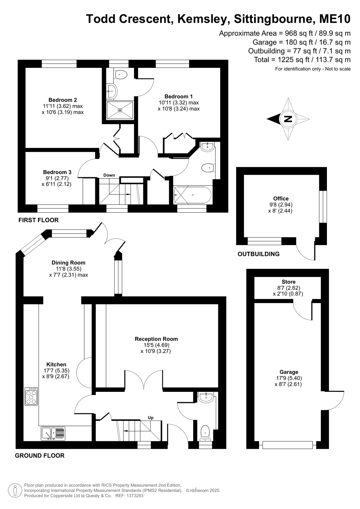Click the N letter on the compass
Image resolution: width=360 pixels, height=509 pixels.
pyautogui.click(x=288, y=119)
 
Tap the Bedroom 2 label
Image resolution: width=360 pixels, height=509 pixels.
pyautogui.click(x=63, y=100)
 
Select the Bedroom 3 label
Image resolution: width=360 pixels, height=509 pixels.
pyautogui.click(x=57, y=172)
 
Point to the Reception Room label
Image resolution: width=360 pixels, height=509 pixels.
pyautogui.click(x=156, y=339)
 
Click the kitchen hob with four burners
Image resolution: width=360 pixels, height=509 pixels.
pyautogui.click(x=32, y=396)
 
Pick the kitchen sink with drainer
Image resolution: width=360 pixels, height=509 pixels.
pyautogui.click(x=53, y=434)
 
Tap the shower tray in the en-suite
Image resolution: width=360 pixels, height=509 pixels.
pyautogui.click(x=120, y=110)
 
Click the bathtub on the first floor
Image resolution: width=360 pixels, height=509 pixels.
pyautogui.click(x=193, y=195)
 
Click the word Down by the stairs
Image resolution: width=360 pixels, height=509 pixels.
pyautogui.click(x=109, y=175)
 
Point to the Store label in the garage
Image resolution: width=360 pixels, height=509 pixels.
pyautogui.click(x=288, y=282)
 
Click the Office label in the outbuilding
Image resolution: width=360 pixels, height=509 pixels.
pyautogui.click(x=281, y=198)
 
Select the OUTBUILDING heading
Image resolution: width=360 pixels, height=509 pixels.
pyautogui.click(x=259, y=254)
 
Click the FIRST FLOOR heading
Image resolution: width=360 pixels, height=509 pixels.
pyautogui.click(x=39, y=220)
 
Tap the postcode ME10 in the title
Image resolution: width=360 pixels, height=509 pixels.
pyautogui.click(x=335, y=19)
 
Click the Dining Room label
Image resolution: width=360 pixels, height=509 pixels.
pyautogui.click(x=68, y=262)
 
